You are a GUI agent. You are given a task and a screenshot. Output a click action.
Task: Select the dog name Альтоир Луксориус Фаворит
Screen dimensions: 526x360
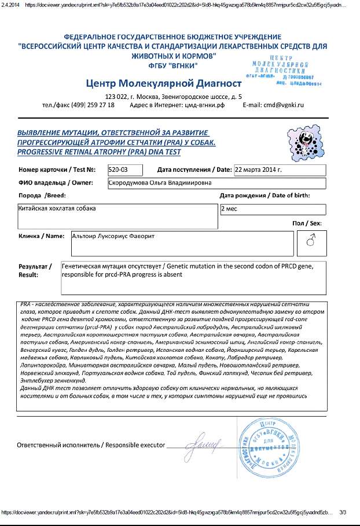(116, 236)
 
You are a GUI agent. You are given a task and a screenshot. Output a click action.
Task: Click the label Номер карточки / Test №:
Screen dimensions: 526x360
(57, 170)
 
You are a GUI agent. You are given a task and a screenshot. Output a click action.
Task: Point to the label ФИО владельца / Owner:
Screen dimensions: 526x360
(56, 183)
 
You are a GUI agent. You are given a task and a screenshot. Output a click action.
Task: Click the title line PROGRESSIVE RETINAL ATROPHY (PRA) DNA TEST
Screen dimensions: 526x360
(99, 152)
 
